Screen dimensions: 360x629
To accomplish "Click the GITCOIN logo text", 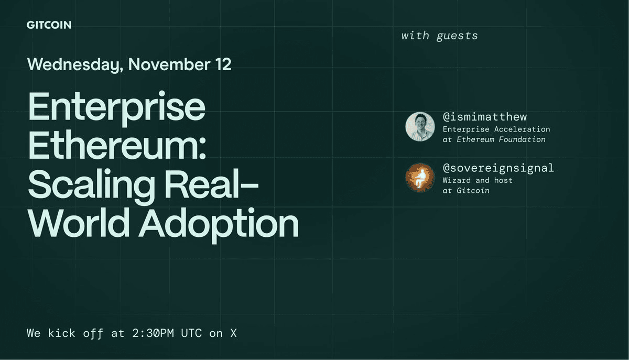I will click(x=49, y=25).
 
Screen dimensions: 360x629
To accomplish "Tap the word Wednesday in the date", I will click(x=75, y=64).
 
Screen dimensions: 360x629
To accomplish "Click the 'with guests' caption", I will click(x=439, y=36).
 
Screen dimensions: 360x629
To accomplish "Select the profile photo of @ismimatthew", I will click(x=420, y=126).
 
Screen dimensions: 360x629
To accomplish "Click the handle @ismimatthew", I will click(x=485, y=116).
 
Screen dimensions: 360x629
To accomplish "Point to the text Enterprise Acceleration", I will click(x=496, y=129).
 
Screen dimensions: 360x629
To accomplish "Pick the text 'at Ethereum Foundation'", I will click(x=494, y=139).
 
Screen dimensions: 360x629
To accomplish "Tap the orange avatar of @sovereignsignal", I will click(x=420, y=178).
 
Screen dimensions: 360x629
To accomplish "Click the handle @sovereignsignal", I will click(x=498, y=168).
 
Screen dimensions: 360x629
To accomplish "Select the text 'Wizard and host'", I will click(x=477, y=180).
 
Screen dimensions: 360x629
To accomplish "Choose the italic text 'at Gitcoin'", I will click(x=466, y=191).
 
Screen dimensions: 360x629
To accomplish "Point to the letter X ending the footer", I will click(x=233, y=333).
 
